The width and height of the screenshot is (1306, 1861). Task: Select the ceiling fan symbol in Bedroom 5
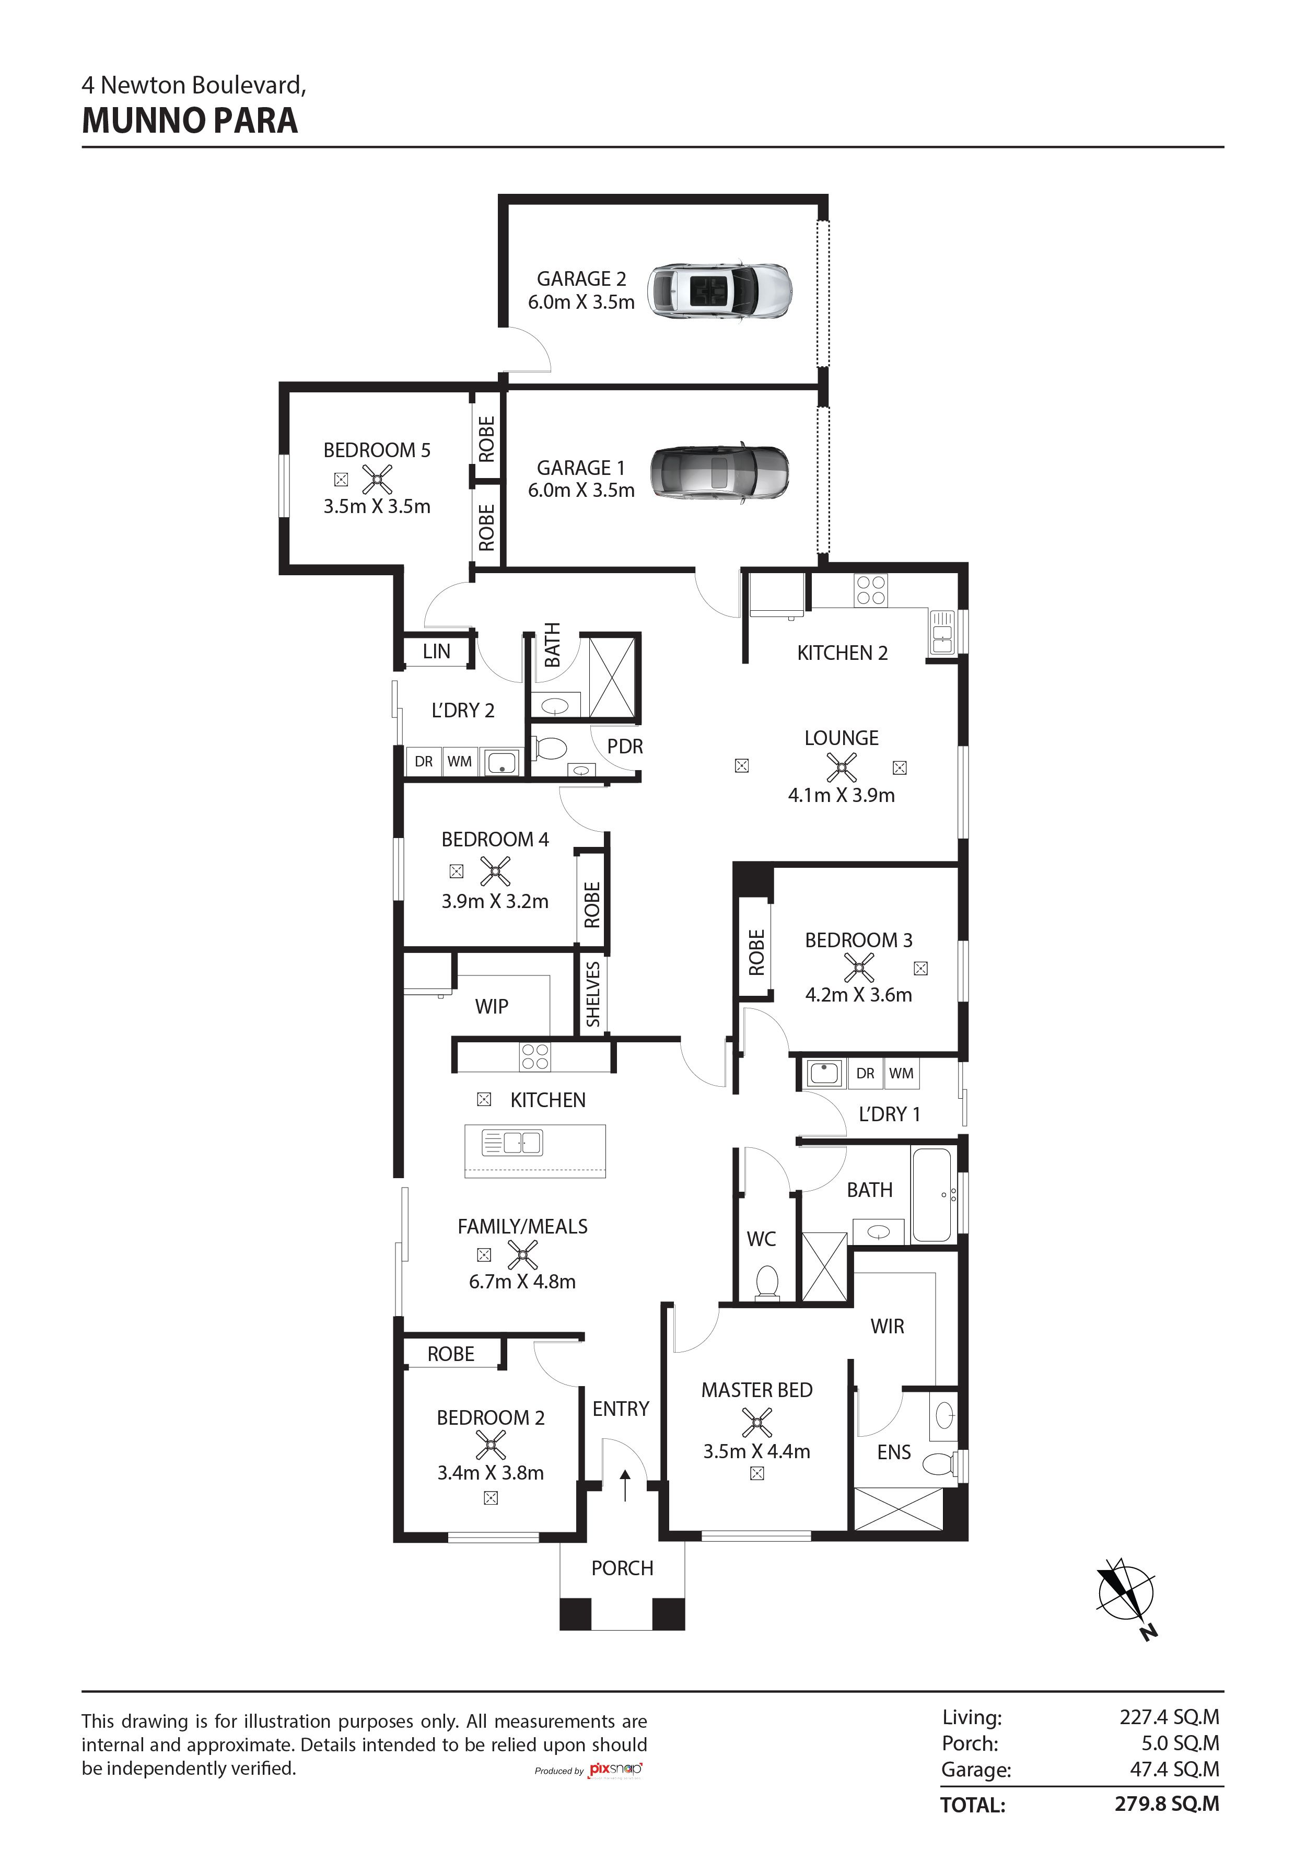(x=377, y=480)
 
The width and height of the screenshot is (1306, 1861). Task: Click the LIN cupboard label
(x=436, y=651)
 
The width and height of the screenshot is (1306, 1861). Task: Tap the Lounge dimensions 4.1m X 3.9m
(x=842, y=795)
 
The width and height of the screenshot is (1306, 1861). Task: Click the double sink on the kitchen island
(x=512, y=1143)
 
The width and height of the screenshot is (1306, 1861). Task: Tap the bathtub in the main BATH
(x=932, y=1195)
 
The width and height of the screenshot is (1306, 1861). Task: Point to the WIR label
(x=887, y=1326)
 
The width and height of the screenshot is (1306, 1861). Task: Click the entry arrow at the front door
(x=624, y=1485)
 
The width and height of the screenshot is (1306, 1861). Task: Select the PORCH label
(x=622, y=1568)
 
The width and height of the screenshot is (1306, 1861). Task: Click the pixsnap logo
(x=615, y=1770)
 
